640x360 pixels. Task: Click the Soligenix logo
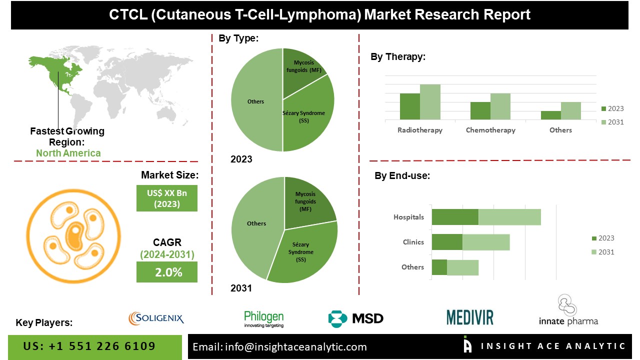click(x=156, y=317)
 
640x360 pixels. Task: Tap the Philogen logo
click(x=263, y=318)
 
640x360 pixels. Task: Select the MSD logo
click(x=355, y=318)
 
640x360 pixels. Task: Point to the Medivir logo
click(x=469, y=317)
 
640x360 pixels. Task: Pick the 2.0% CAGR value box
click(x=167, y=272)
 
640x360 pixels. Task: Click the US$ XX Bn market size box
click(x=167, y=198)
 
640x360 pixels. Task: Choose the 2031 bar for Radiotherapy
click(x=430, y=102)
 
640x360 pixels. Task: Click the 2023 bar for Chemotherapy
click(x=480, y=110)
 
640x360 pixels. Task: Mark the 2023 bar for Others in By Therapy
click(x=550, y=115)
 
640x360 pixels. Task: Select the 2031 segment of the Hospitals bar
click(x=509, y=217)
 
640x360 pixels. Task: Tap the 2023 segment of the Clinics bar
click(x=447, y=242)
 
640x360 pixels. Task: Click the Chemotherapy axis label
click(x=490, y=130)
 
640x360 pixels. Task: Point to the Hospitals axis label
click(x=408, y=217)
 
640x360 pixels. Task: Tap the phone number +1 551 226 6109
click(x=89, y=346)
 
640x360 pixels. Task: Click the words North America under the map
click(x=68, y=153)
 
